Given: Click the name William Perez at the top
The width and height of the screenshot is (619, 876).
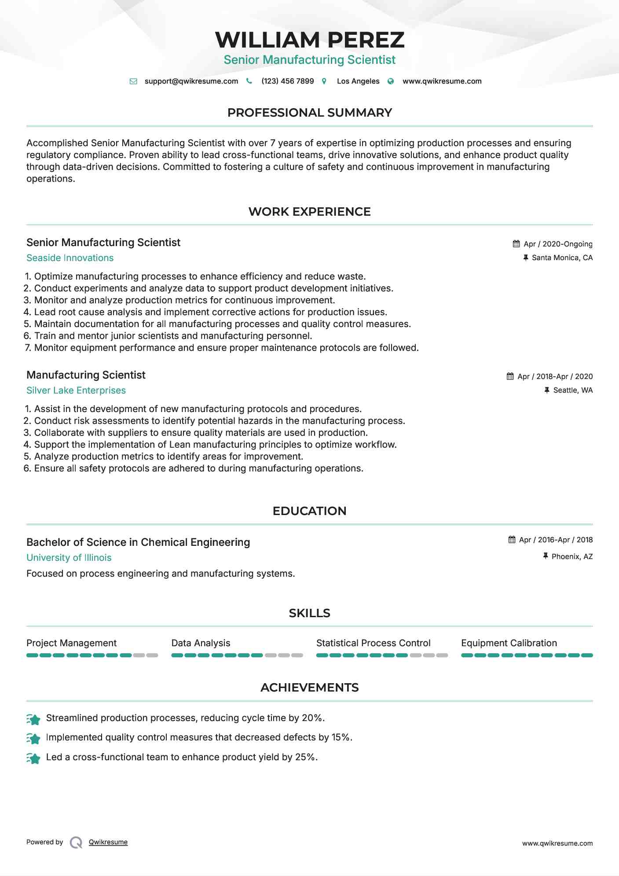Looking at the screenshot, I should click(309, 40).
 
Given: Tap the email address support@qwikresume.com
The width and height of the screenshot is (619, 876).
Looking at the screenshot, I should click(191, 81).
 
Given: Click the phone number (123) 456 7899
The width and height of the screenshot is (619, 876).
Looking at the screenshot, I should click(287, 81).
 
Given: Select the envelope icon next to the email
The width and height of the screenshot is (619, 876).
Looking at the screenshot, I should click(133, 81).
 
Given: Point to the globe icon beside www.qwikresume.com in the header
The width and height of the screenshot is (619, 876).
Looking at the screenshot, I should click(390, 81).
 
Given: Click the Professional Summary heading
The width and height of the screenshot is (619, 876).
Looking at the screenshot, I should click(309, 113).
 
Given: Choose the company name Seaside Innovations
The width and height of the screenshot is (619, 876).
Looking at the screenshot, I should click(70, 258).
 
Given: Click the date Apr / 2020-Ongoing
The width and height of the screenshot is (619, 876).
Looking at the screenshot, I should click(557, 244).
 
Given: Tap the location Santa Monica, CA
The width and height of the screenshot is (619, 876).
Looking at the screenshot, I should click(562, 258).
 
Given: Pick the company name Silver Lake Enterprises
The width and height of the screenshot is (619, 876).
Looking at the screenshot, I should click(76, 390).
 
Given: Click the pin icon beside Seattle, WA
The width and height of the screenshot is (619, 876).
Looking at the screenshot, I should click(546, 390).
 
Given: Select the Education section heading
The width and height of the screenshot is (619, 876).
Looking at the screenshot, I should click(309, 511).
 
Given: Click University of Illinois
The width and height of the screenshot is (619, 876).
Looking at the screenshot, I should click(69, 558).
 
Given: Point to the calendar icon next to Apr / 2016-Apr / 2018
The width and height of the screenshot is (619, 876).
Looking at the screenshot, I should click(512, 540).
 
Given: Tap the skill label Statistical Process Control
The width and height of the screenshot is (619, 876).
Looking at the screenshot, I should click(373, 643).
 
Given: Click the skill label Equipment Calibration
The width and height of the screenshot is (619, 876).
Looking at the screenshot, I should click(509, 643).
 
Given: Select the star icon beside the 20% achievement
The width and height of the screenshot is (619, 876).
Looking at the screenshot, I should click(33, 719).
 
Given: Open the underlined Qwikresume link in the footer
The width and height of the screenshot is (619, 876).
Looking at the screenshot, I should click(108, 842).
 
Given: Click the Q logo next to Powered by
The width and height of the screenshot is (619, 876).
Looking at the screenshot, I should click(76, 843).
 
